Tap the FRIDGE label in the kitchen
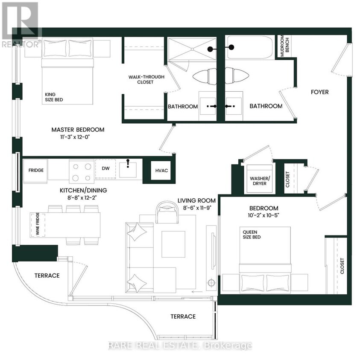(36, 170)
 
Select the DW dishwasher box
(105, 168)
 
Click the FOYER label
(319, 92)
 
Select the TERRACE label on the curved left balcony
(47, 275)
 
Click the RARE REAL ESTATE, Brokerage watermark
(180, 345)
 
